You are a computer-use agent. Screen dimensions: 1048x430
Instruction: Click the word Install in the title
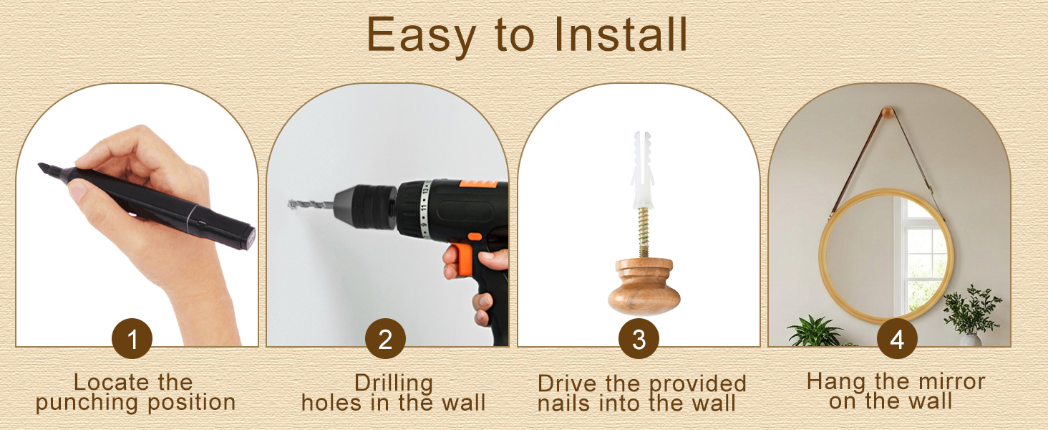coord(621,34)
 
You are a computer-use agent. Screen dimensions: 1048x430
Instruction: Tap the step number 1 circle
coord(132,339)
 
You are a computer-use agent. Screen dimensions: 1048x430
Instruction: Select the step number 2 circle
coord(385,339)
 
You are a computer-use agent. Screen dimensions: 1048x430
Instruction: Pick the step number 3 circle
coord(639,339)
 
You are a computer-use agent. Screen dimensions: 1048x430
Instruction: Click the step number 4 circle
coord(897,339)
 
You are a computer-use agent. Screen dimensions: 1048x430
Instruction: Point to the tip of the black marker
coord(40,165)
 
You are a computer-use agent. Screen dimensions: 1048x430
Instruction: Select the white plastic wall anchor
coord(642,170)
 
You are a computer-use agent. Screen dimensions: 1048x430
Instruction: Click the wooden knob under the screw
coord(644,285)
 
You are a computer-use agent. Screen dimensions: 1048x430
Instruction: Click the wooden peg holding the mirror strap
coord(888,113)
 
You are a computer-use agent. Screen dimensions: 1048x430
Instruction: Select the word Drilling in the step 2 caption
coord(394,383)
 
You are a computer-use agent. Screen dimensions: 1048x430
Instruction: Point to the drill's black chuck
coord(366,206)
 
